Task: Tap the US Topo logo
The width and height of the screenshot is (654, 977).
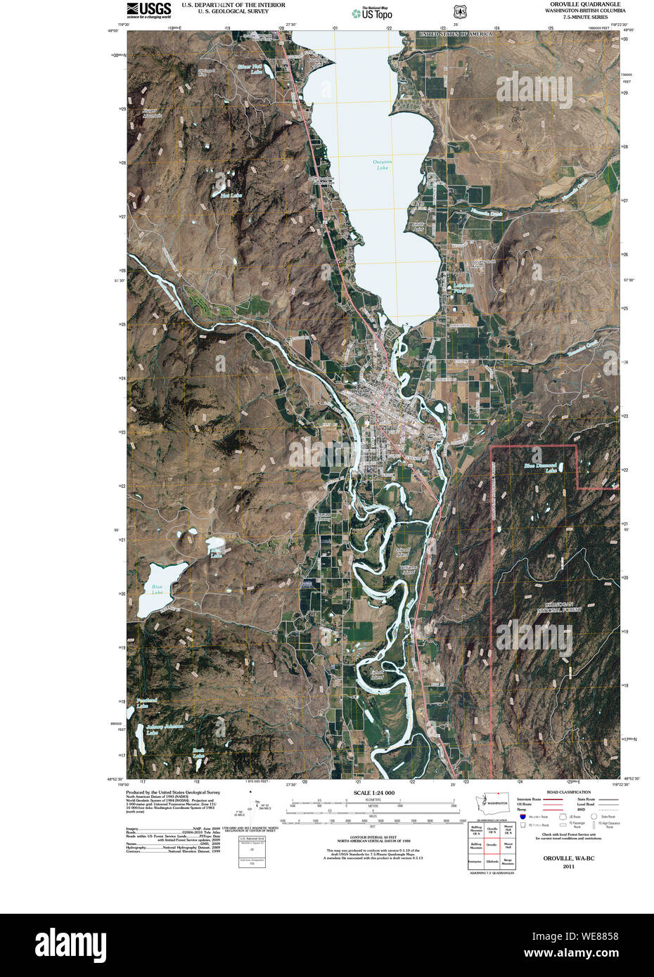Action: (x=372, y=12)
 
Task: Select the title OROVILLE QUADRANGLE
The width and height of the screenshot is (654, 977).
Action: (x=580, y=4)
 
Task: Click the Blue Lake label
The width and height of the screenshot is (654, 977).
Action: (x=156, y=589)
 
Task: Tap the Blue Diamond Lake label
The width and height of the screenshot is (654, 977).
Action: (x=540, y=467)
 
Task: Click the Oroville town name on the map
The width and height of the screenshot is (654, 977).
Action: (x=359, y=391)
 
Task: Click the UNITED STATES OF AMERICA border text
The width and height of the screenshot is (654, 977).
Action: (x=456, y=34)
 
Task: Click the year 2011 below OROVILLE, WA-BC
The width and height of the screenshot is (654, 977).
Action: (x=568, y=867)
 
